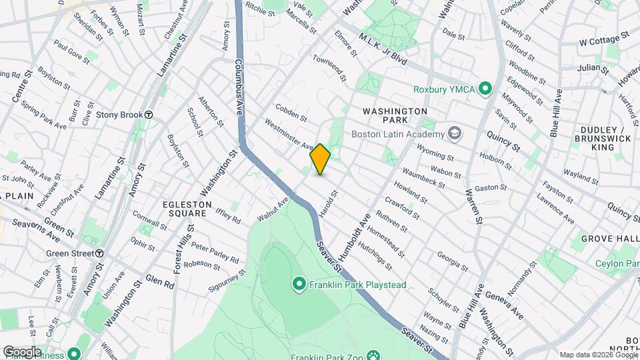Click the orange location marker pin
320,159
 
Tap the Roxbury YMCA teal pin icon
486,88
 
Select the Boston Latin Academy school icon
455,133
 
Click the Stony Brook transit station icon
149,115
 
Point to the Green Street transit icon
99,253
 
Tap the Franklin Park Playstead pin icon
299,285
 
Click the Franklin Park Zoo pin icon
373,356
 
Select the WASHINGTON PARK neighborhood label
395,115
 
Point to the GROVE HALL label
605,238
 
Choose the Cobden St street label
291,113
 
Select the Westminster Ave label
289,134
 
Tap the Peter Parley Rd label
215,251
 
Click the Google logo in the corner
21,351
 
